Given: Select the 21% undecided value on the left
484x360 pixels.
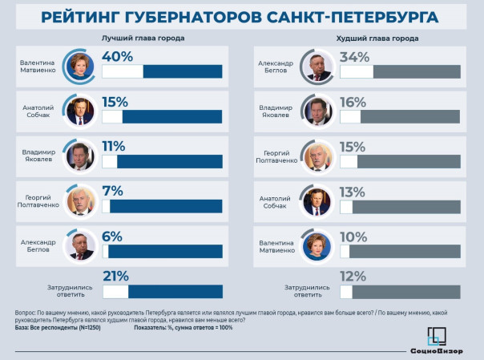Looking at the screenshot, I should tap(115, 277).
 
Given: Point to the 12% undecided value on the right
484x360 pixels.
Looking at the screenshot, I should tap(353, 277).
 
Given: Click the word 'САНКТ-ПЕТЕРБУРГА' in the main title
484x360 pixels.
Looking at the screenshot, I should tap(356, 16).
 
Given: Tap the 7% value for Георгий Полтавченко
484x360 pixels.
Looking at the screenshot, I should tap(112, 190).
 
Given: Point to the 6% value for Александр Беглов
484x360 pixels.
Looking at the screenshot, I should tap(112, 236).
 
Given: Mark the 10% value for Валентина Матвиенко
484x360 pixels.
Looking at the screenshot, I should tap(353, 236).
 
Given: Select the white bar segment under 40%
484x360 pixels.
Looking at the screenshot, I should tap(123, 71).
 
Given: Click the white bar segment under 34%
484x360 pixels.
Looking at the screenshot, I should tap(357, 71).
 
